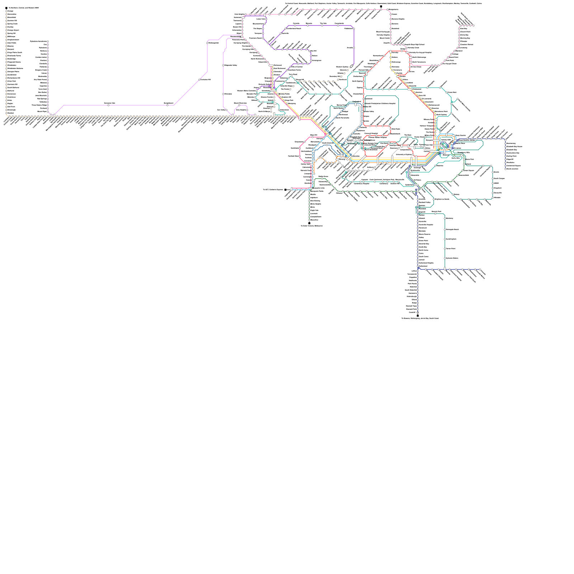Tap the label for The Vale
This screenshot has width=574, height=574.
point(323,23)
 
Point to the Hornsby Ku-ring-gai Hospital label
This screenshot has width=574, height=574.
point(420,52)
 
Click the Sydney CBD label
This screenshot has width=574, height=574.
point(446,140)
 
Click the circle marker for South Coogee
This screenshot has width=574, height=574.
point(493,178)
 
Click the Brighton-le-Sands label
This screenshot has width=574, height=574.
point(442,199)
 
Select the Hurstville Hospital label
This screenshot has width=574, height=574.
point(425,225)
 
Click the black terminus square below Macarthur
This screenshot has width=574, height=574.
point(309,223)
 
